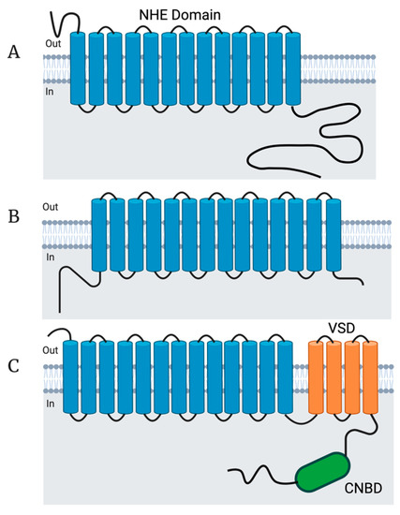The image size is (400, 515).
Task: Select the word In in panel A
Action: click(52, 90)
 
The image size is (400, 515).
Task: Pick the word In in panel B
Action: click(52, 257)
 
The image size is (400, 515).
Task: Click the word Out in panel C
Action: click(54, 351)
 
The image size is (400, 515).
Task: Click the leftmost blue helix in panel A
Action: click(78, 70)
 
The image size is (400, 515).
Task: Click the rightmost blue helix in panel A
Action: click(292, 70)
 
